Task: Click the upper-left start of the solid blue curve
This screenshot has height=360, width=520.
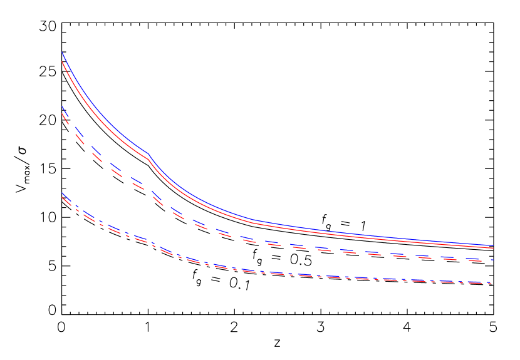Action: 63,53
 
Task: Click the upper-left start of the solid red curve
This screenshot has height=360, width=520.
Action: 63,61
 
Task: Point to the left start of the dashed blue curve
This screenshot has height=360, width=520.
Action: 63,107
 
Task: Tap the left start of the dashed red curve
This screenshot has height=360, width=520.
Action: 63,114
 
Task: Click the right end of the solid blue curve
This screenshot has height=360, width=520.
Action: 494,245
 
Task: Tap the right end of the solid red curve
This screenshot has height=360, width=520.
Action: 494,248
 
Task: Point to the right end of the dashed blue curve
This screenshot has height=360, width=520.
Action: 494,259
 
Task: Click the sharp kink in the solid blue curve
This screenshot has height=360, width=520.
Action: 148,153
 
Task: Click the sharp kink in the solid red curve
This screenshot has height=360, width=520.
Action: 148,160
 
